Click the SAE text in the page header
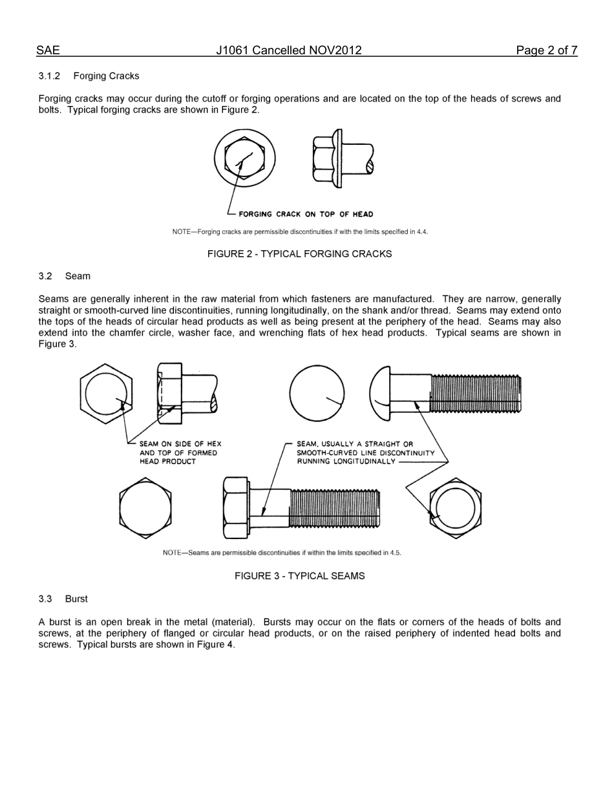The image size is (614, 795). pos(48,50)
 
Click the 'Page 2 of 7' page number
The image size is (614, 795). pos(546,50)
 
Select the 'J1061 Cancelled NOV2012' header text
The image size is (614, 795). pos(289,50)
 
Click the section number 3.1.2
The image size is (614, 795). pos(49,76)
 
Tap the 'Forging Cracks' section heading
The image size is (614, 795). pos(106,76)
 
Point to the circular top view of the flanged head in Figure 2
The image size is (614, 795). pos(244,158)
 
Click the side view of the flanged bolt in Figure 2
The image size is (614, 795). pos(341,158)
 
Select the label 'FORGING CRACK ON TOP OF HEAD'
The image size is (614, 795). pos(306,215)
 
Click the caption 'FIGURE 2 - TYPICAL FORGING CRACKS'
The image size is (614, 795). pos(299,254)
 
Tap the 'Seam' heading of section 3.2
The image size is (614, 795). pos(78,276)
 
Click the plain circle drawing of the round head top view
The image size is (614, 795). pos(316,393)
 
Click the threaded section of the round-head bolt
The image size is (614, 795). pos(475,393)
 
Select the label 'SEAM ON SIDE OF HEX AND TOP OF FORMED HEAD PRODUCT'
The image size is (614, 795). pos(180,452)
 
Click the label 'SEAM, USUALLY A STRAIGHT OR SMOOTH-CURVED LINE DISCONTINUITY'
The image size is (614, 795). pos(365,452)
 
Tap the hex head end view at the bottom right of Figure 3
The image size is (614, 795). pos(455,508)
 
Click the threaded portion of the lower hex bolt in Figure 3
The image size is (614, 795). pos(335,508)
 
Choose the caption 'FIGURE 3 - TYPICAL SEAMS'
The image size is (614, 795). pos(299,576)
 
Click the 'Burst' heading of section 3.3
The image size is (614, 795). pos(76,599)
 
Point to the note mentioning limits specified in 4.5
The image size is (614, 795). pos(282,553)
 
